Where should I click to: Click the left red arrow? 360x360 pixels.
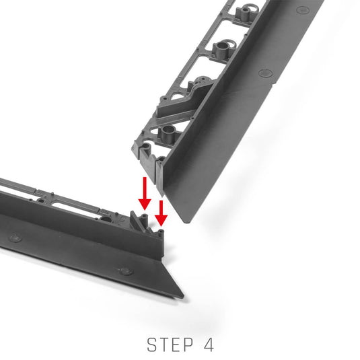[145, 193]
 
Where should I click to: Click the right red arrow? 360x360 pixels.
[161, 213]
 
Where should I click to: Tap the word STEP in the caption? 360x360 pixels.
[170, 345]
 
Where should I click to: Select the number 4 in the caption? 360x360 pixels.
[209, 345]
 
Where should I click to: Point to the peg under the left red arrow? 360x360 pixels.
[145, 220]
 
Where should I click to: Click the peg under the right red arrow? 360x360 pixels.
[161, 233]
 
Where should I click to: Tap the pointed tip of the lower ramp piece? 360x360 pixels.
[183, 296]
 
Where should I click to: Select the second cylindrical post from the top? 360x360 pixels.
[221, 48]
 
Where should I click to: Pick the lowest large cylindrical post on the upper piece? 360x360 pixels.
[168, 134]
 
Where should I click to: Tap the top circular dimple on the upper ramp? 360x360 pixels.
[303, 9]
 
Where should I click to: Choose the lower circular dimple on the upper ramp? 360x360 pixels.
[265, 73]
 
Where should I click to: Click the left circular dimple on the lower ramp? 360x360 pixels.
[15, 238]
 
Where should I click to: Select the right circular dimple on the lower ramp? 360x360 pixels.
[127, 271]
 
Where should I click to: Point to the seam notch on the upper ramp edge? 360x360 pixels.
[273, 85]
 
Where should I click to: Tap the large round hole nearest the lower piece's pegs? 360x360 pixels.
[106, 219]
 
